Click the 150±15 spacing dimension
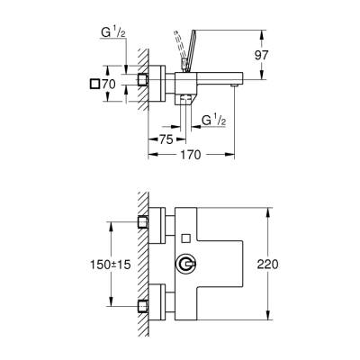(x=88, y=265)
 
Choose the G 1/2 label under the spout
(x=214, y=120)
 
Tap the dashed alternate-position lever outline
(x=181, y=46)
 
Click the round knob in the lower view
(x=186, y=265)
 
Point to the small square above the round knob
(x=185, y=238)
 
